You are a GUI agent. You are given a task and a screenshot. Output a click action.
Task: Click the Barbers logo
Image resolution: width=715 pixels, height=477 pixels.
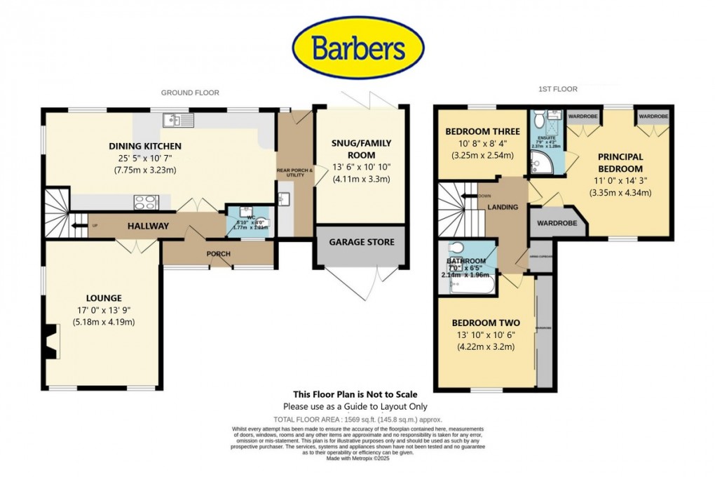pyautogui.click(x=357, y=48)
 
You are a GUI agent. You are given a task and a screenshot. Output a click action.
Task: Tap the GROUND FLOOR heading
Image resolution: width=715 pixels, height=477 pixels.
pyautogui.click(x=190, y=93)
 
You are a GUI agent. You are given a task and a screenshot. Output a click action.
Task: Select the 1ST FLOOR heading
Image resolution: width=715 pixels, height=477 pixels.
pyautogui.click(x=559, y=90)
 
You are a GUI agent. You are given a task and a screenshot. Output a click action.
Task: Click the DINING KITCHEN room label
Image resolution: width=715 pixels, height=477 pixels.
pyautogui.click(x=145, y=146)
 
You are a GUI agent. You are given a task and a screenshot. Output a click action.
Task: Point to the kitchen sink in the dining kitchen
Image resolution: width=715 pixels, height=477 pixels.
pyautogui.click(x=178, y=120)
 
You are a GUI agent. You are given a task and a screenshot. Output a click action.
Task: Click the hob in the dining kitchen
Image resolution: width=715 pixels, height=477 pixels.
pyautogui.click(x=145, y=202)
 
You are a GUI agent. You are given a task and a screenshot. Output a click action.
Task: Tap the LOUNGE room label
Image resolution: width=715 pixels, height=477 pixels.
pyautogui.click(x=104, y=297)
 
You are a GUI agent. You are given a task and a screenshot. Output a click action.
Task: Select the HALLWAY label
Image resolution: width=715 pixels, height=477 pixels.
pyautogui.click(x=148, y=226)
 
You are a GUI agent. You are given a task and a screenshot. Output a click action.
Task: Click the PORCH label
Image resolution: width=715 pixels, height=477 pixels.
pyautogui.click(x=219, y=254)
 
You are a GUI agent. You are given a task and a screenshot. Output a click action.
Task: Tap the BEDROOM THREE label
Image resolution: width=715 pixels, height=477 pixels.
pyautogui.click(x=483, y=131)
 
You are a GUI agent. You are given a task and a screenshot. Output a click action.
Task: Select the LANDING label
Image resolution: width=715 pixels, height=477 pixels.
pyautogui.click(x=503, y=207)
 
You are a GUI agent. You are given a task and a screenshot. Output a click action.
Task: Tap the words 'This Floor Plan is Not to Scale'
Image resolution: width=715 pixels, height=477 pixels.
pyautogui.click(x=355, y=394)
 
